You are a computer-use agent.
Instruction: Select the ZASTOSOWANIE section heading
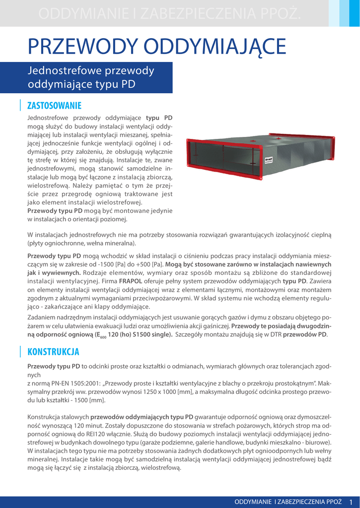(54, 105)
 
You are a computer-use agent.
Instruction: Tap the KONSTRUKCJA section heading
(53, 352)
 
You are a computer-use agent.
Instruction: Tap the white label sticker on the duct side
(269, 160)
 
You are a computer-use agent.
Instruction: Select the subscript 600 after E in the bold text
(103, 337)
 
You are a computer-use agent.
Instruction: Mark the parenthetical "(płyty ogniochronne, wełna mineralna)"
(81, 244)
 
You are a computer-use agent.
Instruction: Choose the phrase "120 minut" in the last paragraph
(74, 426)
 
